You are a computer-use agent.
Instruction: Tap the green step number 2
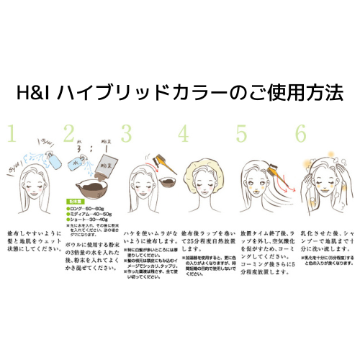(x=70, y=132)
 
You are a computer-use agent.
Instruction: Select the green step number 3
(x=127, y=132)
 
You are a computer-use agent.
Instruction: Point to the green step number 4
(x=184, y=132)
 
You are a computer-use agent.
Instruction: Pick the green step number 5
(x=241, y=132)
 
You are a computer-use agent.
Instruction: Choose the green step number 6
(x=300, y=132)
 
